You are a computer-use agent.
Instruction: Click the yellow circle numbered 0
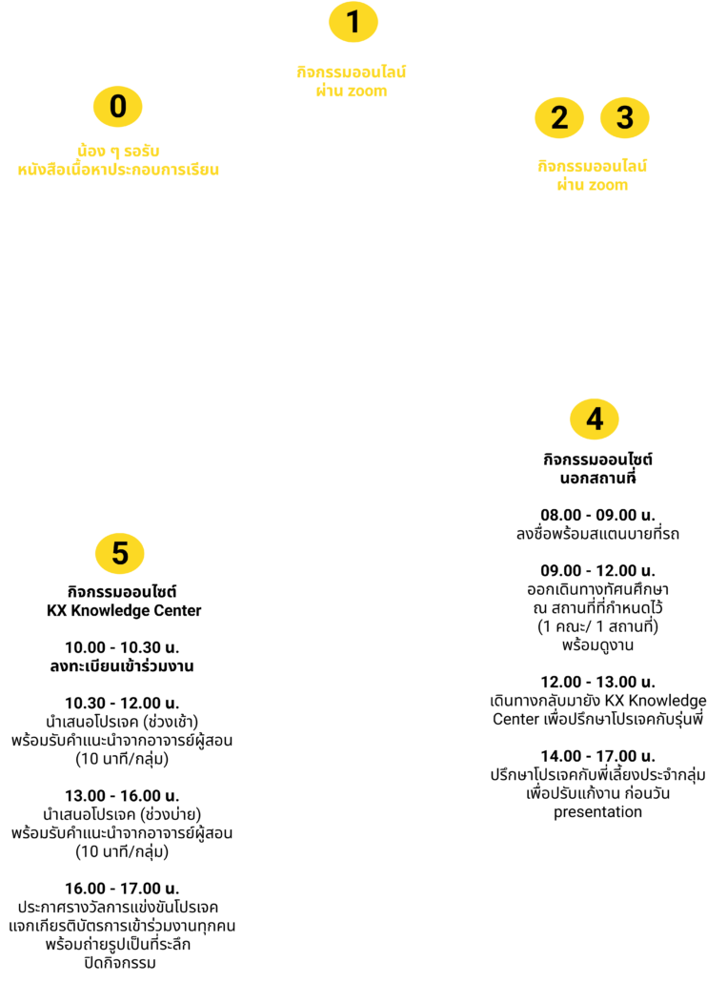(118, 106)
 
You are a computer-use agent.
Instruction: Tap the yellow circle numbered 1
(353, 22)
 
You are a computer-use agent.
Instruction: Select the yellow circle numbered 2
(559, 117)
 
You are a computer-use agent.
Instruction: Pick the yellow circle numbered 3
(624, 117)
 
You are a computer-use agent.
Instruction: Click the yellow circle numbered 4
(595, 419)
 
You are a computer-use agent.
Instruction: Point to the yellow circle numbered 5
(119, 553)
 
